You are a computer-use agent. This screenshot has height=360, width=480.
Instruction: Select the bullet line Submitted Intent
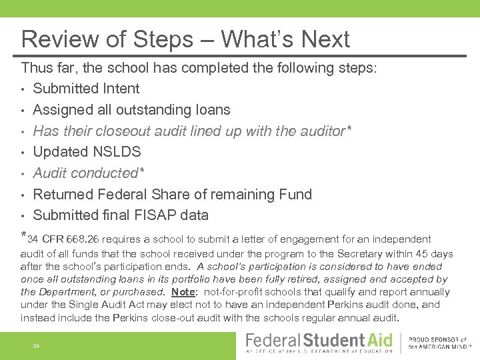(86, 89)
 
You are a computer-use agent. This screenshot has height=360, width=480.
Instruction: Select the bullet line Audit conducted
(89, 173)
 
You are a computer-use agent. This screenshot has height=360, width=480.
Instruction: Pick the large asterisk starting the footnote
(24, 236)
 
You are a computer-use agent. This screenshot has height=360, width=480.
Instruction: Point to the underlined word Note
(183, 292)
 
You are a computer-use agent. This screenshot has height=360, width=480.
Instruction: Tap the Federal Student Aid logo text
(319, 341)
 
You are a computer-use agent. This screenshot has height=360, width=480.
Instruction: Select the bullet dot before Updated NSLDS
(23, 152)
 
